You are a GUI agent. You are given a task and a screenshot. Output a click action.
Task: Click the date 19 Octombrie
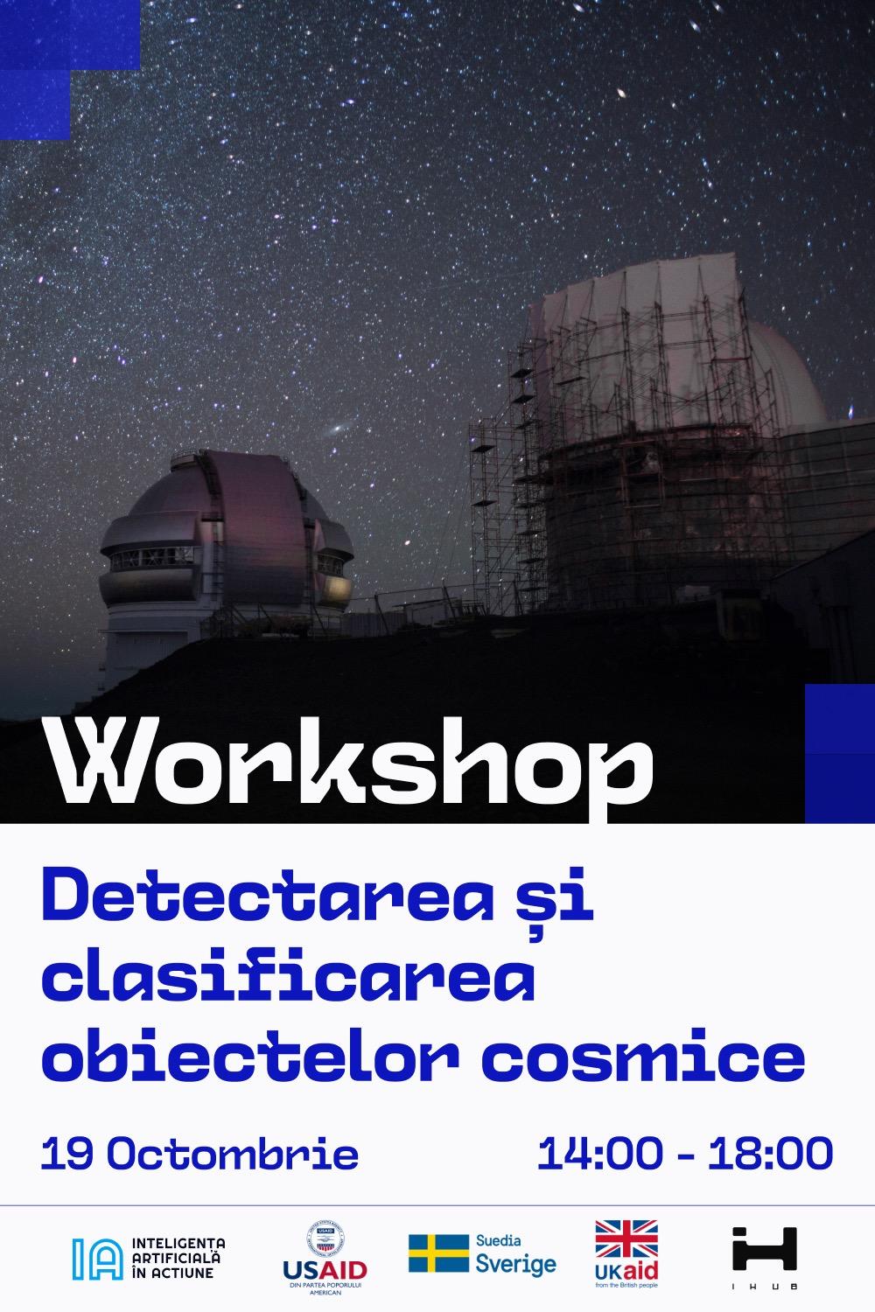(x=199, y=1155)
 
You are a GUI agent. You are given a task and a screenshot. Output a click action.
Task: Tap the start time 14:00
(x=599, y=1155)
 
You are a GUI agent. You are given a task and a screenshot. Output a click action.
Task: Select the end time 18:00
(x=770, y=1155)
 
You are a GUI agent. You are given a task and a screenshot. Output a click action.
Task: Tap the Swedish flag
(x=438, y=1253)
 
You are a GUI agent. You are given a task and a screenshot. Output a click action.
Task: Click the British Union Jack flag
(x=626, y=1239)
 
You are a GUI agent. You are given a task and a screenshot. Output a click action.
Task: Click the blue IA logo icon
(x=97, y=1258)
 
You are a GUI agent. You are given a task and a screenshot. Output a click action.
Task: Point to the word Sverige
(x=515, y=1264)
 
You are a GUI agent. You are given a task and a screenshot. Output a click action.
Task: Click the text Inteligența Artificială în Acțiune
(x=178, y=1257)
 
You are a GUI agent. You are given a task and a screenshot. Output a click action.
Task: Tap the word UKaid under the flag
(x=626, y=1269)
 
